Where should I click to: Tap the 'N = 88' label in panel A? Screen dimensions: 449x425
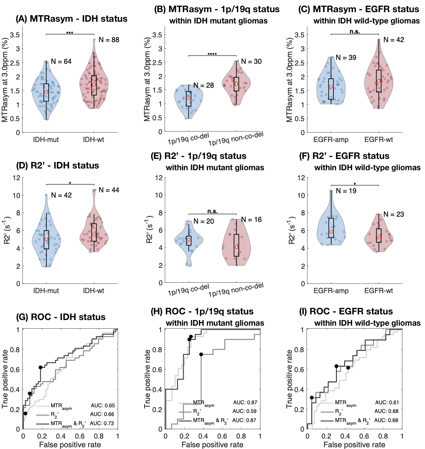click(109, 40)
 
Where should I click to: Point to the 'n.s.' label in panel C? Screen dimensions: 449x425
click(355, 32)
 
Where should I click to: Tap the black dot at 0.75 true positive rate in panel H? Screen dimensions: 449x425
click(201, 354)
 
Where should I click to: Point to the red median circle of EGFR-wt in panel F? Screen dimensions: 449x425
click(379, 237)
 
